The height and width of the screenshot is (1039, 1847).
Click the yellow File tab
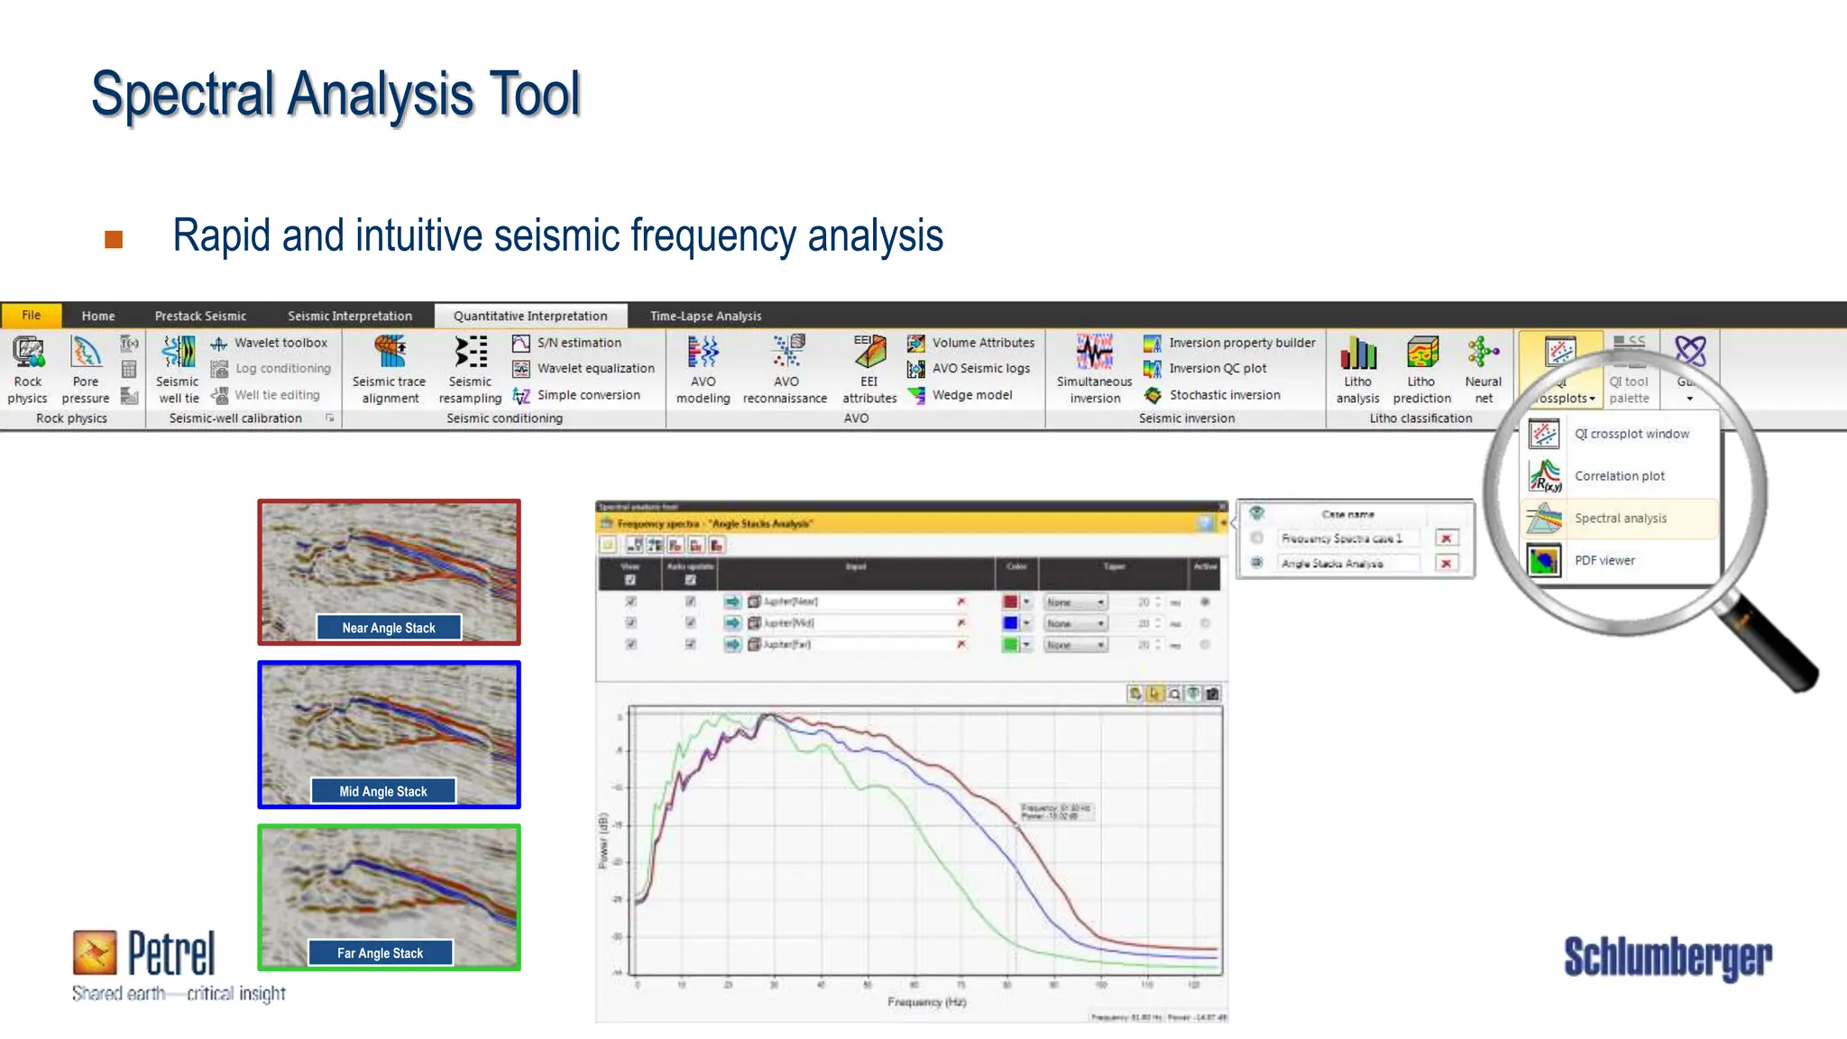click(31, 316)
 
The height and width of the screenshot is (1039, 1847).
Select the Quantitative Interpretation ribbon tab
click(530, 316)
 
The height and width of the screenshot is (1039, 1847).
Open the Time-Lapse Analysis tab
click(705, 316)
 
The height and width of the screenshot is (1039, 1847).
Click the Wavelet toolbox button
click(270, 343)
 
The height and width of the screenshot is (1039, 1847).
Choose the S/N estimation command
click(568, 343)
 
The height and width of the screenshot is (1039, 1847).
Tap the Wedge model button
click(960, 395)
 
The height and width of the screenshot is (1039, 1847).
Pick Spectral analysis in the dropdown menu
click(1620, 519)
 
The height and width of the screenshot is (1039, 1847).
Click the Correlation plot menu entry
click(1619, 476)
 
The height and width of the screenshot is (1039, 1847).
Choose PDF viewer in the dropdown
click(1604, 561)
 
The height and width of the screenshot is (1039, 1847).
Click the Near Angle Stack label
click(389, 628)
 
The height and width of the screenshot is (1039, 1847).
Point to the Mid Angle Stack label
click(383, 791)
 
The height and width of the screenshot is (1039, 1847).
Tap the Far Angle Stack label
click(380, 953)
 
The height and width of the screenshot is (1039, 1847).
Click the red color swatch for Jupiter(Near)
click(1010, 602)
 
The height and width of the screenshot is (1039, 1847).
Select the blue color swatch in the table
click(1010, 623)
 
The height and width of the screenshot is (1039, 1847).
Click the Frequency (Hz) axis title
click(926, 1002)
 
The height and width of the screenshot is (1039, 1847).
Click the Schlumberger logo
click(1667, 958)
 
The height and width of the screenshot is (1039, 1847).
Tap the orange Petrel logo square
click(95, 953)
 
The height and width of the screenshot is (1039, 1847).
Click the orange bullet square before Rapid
click(114, 239)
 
